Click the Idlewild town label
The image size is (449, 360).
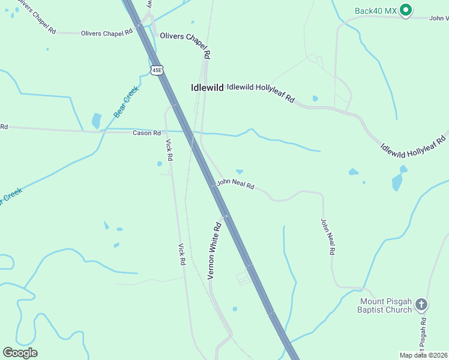tap(206, 87)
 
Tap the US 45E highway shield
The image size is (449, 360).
tap(157, 70)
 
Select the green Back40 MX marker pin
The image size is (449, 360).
tap(406, 10)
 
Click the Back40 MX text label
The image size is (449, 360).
tap(376, 10)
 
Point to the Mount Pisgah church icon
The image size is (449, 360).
tap(421, 305)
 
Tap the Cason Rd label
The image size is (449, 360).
tap(146, 133)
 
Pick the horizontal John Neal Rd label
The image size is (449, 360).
tap(235, 184)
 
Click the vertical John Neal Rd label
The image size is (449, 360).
tap(327, 236)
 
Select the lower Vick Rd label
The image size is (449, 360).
tap(181, 254)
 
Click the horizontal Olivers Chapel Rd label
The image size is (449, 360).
tap(106, 34)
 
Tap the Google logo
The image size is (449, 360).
tap(20, 353)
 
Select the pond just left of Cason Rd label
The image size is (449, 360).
tap(97, 121)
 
